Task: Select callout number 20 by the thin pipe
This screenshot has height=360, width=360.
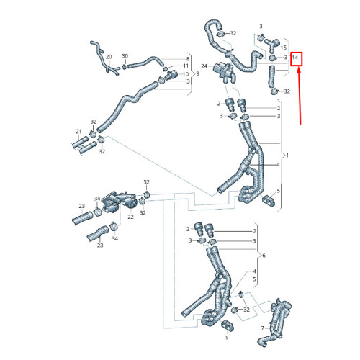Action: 109,56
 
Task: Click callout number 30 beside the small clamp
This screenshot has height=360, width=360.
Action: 125,56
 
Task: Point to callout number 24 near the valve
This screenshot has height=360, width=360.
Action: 204,66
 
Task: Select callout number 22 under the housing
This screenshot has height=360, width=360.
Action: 130,216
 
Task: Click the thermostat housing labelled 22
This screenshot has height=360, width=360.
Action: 114,202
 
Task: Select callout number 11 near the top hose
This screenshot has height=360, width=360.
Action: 186,66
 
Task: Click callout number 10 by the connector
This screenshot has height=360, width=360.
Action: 186,73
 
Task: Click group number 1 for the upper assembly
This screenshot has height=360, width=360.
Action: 288,156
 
